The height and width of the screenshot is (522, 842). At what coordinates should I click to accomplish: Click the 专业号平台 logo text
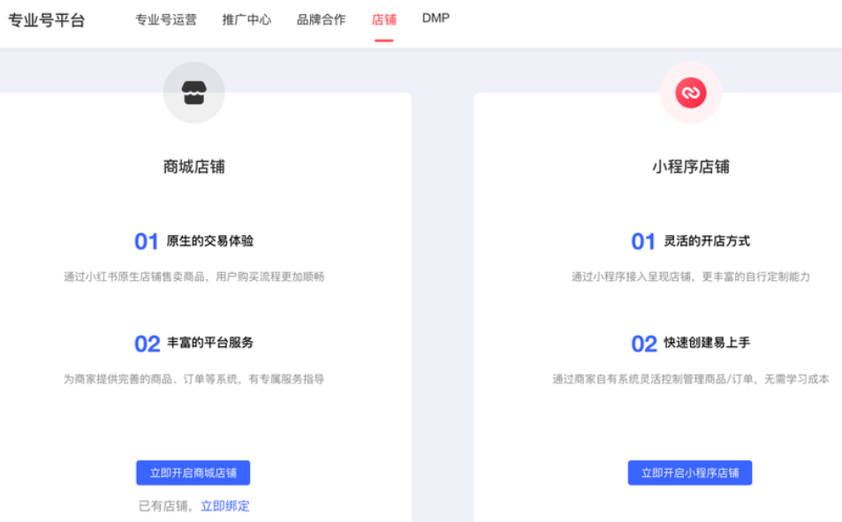(x=47, y=20)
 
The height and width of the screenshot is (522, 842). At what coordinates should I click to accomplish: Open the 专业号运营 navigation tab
(x=166, y=19)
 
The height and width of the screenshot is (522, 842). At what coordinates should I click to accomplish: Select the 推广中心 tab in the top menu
(x=247, y=19)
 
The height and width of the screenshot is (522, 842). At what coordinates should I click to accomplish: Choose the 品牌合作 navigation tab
(x=321, y=19)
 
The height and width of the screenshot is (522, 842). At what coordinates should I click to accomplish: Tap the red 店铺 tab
(x=383, y=19)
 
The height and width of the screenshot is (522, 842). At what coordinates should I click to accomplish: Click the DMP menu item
(x=436, y=18)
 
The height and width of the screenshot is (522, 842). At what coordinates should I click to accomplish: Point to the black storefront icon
(x=193, y=93)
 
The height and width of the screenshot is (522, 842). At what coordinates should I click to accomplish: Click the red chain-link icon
(x=690, y=93)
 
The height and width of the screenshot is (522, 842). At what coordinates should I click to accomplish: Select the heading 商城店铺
(x=193, y=166)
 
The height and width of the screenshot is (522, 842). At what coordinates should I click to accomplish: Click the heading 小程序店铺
(x=690, y=166)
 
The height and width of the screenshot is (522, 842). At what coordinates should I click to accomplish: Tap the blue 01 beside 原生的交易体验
(x=146, y=242)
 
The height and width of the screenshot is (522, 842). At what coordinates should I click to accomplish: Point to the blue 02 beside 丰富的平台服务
(x=147, y=344)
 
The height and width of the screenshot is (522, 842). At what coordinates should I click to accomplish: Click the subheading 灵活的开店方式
(x=707, y=241)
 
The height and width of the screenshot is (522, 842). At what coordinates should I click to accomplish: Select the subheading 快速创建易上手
(x=707, y=343)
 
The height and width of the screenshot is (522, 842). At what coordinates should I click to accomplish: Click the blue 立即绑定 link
(x=225, y=506)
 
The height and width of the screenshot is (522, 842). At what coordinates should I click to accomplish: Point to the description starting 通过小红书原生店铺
(x=193, y=276)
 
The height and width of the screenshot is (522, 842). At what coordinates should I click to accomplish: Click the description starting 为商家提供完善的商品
(x=193, y=379)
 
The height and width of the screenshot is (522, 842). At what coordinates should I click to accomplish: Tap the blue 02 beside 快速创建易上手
(x=644, y=344)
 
